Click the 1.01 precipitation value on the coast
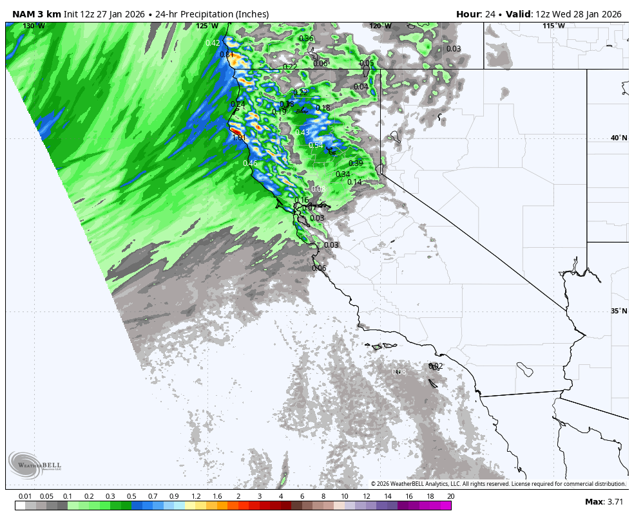[x=239, y=137]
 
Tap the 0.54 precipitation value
[x=316, y=145]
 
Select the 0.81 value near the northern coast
[x=226, y=55]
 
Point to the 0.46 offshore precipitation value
[x=250, y=163]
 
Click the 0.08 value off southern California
[x=399, y=372]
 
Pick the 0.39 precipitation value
[x=356, y=163]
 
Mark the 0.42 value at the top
[x=213, y=43]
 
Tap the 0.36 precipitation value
[x=306, y=39]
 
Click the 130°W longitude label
[x=34, y=26]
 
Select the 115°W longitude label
[x=553, y=26]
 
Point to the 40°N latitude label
[x=619, y=138]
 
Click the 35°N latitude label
[x=619, y=311]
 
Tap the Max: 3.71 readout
[x=604, y=501]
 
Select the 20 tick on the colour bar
[x=450, y=496]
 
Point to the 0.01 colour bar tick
[x=26, y=496]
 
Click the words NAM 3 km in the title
[x=36, y=14]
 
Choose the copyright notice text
[x=498, y=484]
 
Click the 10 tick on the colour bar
[x=345, y=496]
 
